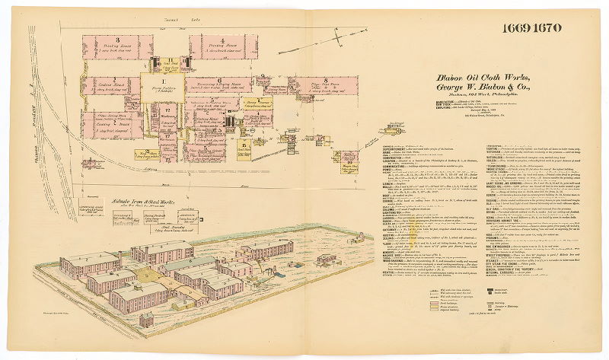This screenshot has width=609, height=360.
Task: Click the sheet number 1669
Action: (518, 29)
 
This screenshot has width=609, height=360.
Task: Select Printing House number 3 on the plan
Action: (119, 46)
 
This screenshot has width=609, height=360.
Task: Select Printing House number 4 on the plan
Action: (218, 46)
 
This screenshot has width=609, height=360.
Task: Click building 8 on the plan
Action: (324, 84)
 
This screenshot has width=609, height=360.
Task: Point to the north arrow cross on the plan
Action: (336, 37)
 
